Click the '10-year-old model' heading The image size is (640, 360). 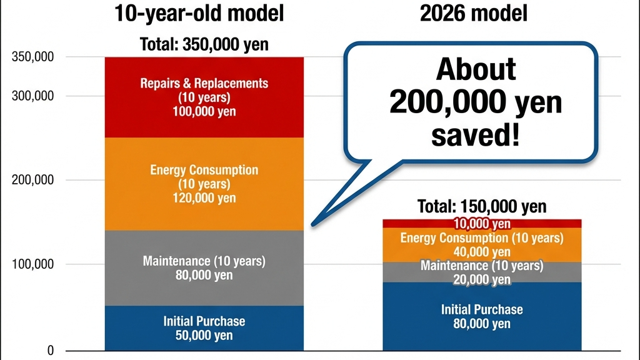(199, 13)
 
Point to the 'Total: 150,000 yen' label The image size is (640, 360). (481, 206)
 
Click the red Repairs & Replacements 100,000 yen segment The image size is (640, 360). (204, 97)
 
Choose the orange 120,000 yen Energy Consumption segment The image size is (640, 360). (204, 184)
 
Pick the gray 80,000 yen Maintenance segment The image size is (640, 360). (204, 267)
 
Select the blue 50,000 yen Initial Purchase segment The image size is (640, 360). (204, 327)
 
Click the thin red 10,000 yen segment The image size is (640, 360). (482, 223)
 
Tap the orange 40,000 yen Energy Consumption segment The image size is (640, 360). (482, 244)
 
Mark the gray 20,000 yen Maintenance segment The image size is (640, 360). (482, 272)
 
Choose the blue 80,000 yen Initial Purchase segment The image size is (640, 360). (482, 316)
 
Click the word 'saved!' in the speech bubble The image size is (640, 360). (476, 135)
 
